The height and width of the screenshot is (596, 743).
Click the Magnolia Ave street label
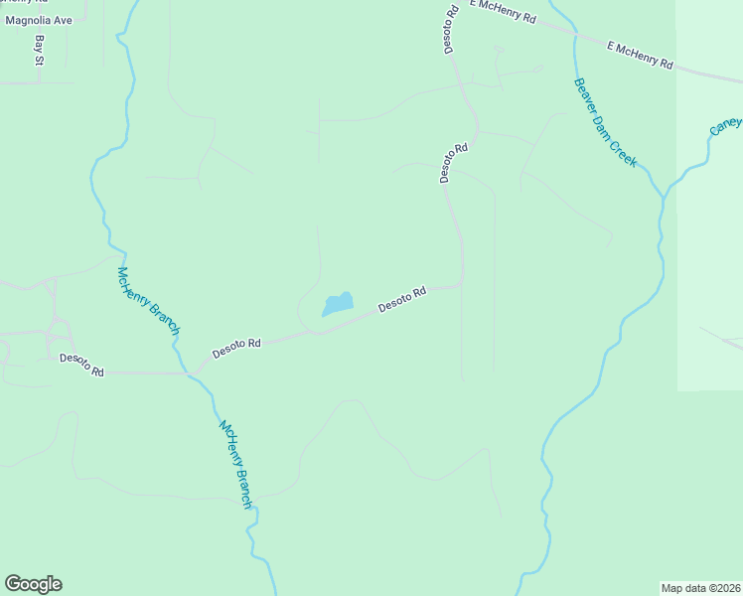tap(41, 19)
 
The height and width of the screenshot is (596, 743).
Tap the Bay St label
tap(40, 51)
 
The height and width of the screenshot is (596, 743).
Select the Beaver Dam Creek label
tap(604, 123)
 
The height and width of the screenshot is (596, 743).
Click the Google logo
tap(33, 584)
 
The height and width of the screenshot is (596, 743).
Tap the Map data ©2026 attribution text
tap(701, 587)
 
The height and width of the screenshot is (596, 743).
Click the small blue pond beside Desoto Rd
tap(338, 304)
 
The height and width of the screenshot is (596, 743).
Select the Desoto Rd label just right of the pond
tap(402, 299)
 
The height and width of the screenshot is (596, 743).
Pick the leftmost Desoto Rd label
tap(81, 364)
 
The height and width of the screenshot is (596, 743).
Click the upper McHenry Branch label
tap(148, 301)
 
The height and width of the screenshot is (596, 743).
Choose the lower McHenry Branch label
tap(236, 465)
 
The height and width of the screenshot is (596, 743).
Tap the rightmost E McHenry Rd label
tap(639, 55)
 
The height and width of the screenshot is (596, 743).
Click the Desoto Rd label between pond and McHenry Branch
tap(236, 349)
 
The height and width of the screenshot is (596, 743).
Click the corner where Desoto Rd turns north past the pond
tap(462, 282)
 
